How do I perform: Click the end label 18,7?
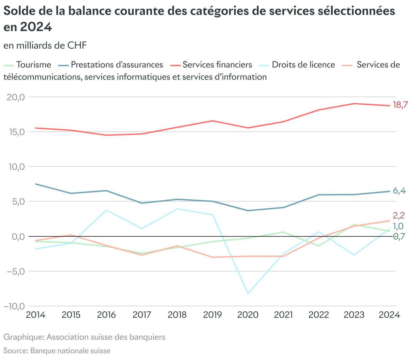click(x=400, y=105)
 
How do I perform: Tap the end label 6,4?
click(x=399, y=191)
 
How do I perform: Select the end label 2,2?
click(x=399, y=215)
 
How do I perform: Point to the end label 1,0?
click(x=398, y=226)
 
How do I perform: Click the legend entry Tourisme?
click(x=33, y=65)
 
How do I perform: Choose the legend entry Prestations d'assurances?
click(x=117, y=65)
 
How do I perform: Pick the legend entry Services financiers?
click(x=217, y=65)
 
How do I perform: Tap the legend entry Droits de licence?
click(x=303, y=65)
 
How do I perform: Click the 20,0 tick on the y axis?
click(x=16, y=97)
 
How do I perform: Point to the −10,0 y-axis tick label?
click(x=14, y=306)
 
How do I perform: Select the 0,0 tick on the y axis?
click(x=18, y=237)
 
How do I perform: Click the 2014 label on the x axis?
click(x=36, y=315)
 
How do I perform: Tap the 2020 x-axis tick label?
click(x=248, y=315)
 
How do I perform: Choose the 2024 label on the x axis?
click(x=389, y=315)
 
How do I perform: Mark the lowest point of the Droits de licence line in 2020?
click(x=248, y=293)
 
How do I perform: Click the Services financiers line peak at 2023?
click(x=354, y=103)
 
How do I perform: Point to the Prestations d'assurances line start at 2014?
click(x=36, y=184)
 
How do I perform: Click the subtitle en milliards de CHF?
click(x=45, y=45)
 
